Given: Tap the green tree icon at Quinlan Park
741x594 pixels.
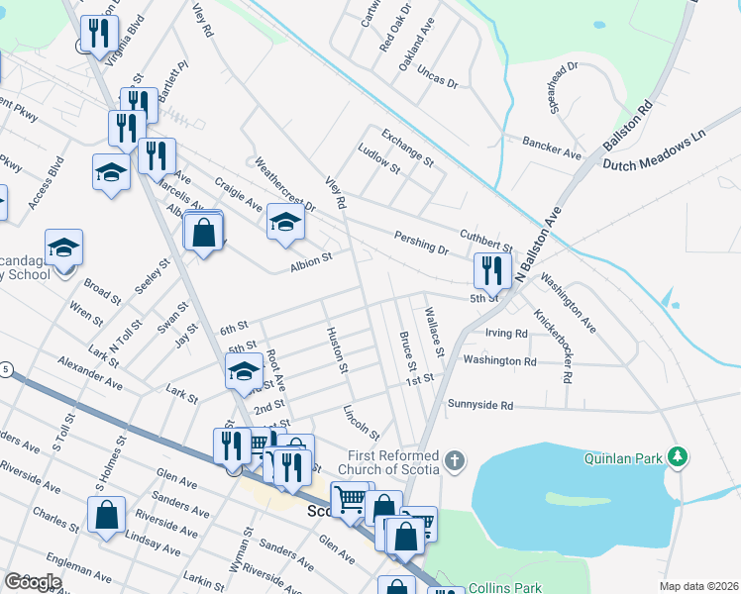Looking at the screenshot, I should pos(678,456).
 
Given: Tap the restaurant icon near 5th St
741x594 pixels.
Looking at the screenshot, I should pos(492,270).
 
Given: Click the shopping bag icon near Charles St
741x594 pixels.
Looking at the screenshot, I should pos(106,516).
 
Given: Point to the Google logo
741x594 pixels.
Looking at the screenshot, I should pos(33,582).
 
